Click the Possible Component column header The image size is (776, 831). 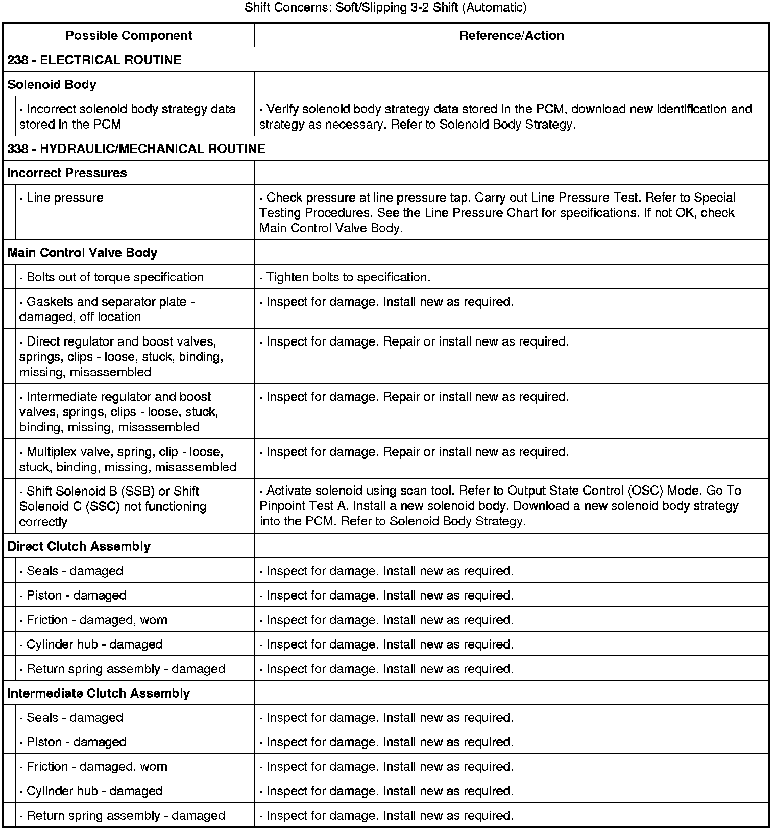129,36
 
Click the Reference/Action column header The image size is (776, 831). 512,36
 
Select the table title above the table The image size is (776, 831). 385,8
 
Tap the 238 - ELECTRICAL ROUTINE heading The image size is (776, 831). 95,60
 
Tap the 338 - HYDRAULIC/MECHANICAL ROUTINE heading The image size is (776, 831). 136,149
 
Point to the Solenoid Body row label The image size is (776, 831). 52,85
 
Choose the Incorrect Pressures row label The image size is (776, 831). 67,173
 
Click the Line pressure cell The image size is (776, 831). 65,198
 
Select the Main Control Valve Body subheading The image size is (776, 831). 83,253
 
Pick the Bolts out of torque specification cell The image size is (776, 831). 114,277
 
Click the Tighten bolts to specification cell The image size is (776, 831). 348,277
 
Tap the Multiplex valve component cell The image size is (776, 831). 128,459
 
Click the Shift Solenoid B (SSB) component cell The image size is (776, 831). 112,506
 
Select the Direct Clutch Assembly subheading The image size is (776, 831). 79,547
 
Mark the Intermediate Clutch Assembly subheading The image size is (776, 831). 99,694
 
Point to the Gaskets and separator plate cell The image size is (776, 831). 107,309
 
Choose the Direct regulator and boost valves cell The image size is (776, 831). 121,357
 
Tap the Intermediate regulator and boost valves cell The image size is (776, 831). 118,412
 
